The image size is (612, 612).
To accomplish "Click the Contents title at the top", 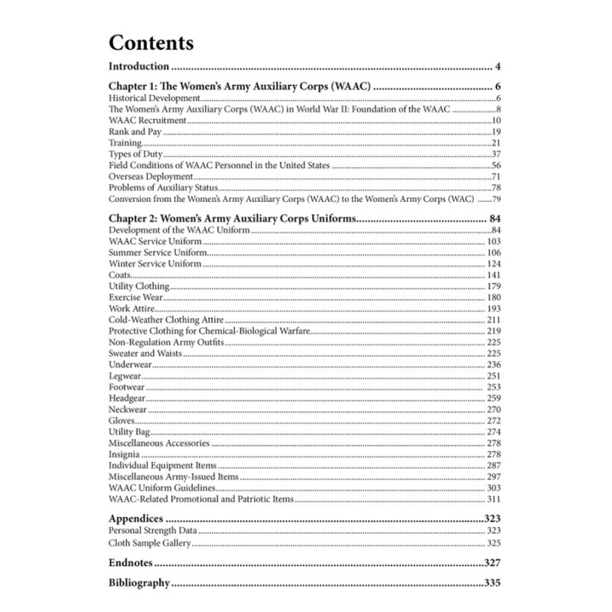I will (151, 42).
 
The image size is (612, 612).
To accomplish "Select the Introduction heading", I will (138, 67).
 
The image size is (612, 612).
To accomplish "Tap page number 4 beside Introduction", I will (497, 67).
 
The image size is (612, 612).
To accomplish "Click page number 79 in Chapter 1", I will (495, 199).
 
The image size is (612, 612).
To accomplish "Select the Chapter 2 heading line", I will (233, 219).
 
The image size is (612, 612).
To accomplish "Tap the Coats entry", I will (120, 275).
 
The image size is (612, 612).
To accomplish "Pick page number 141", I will (493, 275).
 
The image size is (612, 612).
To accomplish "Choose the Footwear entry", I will (126, 387).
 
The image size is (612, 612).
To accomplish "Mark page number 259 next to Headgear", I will (493, 399).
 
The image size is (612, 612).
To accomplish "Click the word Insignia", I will (124, 454).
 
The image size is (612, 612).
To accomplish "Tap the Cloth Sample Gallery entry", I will (149, 544).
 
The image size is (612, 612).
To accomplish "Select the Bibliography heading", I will (139, 583).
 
